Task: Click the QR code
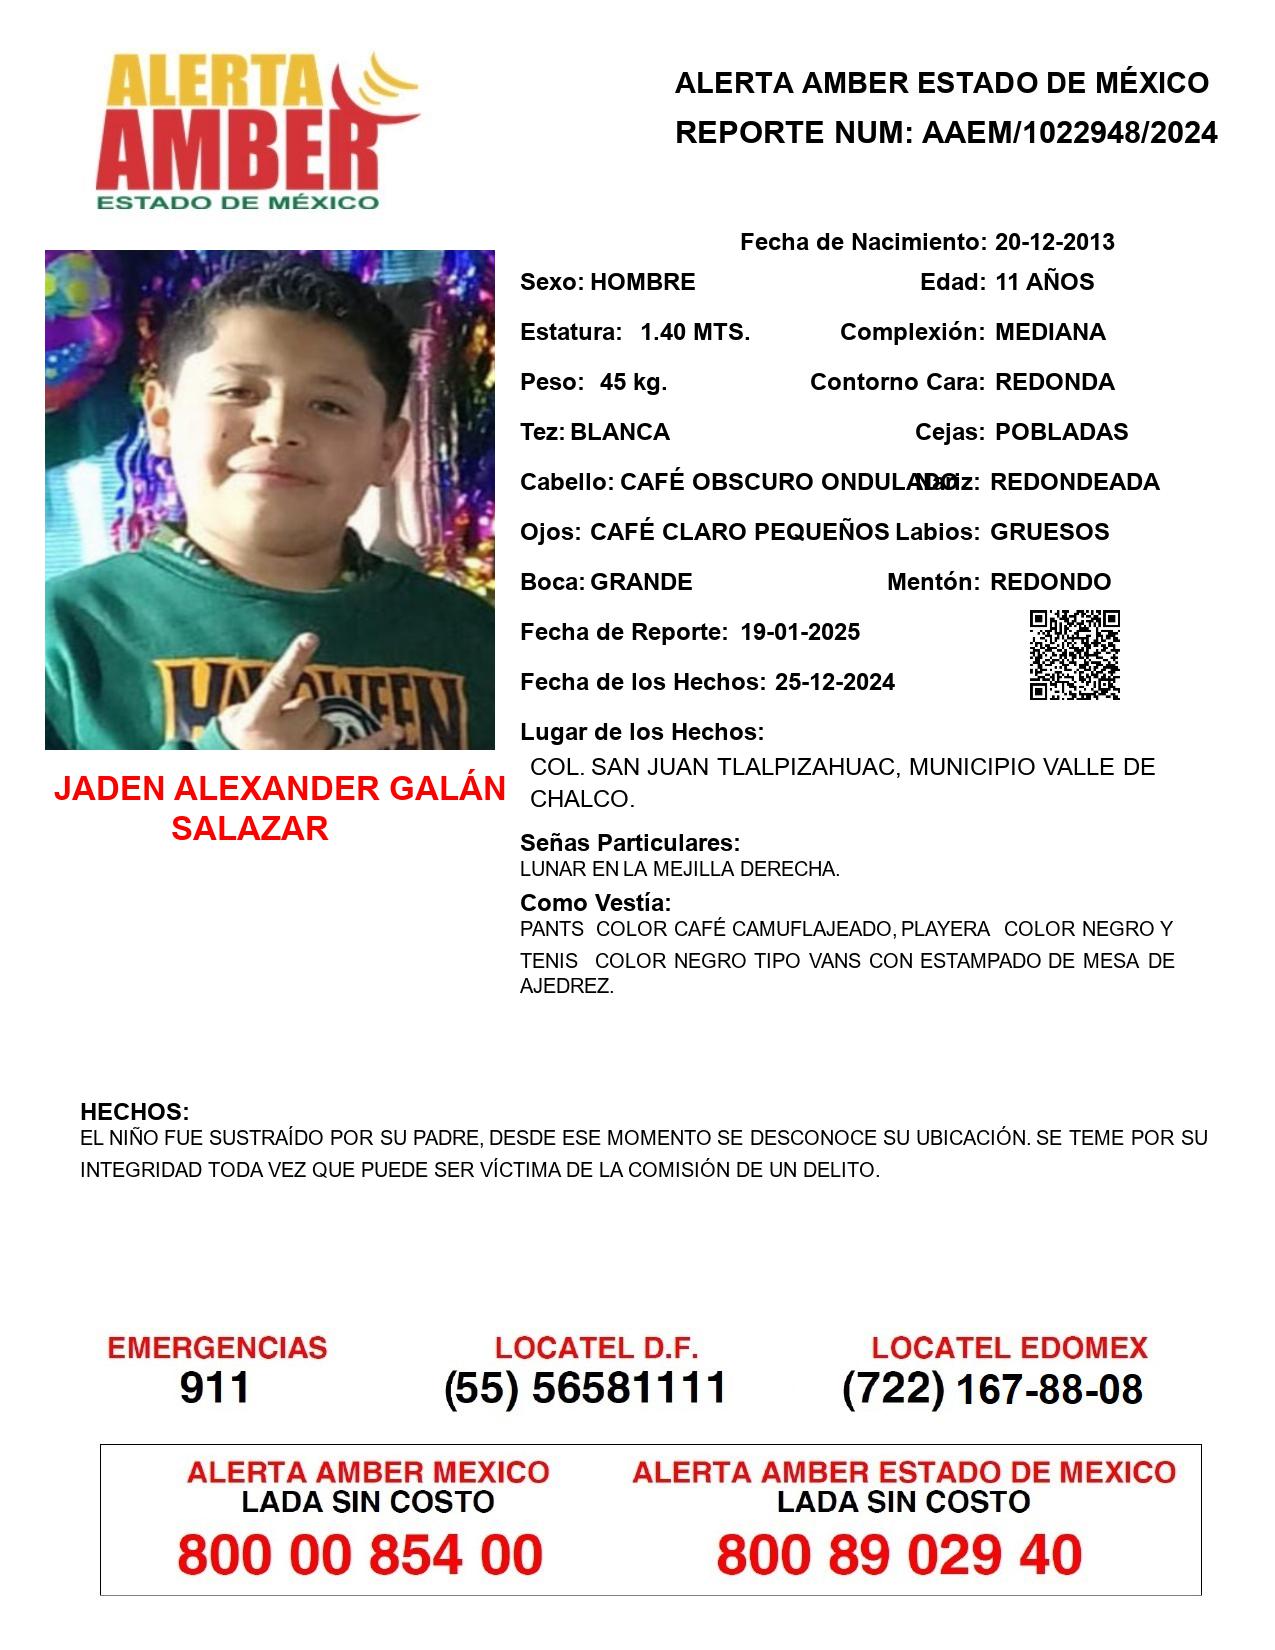click(x=1074, y=655)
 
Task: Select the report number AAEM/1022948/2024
click(x=1069, y=133)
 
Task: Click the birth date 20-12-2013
click(x=1054, y=242)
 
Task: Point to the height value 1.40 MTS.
click(x=694, y=332)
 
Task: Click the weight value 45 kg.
click(x=633, y=382)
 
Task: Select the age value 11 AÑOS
click(x=1044, y=282)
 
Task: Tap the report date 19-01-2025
click(x=800, y=632)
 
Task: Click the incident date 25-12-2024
click(x=834, y=682)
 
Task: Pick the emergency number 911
click(x=215, y=1388)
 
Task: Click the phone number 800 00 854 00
click(x=360, y=1555)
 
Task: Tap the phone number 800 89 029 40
click(x=898, y=1555)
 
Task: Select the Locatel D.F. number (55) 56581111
click(x=585, y=1388)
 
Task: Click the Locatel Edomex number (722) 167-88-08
click(x=992, y=1389)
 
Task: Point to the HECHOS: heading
click(x=134, y=1112)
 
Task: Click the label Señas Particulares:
click(x=630, y=843)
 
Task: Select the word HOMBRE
click(x=642, y=282)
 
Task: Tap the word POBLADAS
click(x=1061, y=432)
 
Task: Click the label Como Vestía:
click(x=595, y=903)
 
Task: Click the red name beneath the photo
click(x=279, y=808)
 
